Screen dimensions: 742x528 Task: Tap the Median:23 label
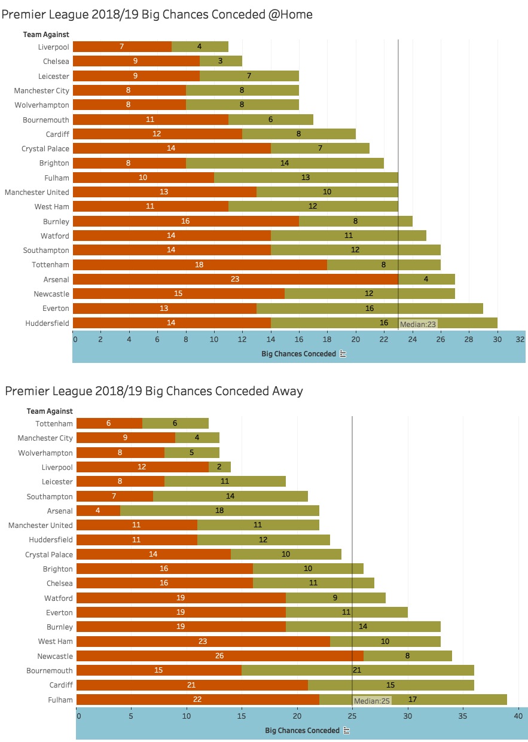point(418,324)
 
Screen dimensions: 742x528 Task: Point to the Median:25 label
point(372,701)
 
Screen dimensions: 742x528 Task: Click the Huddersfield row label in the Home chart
point(46,323)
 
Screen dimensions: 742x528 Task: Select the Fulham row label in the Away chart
point(60,700)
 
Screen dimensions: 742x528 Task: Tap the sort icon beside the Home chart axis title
point(343,354)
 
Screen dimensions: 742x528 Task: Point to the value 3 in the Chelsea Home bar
point(221,61)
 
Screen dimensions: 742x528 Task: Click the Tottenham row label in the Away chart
point(54,423)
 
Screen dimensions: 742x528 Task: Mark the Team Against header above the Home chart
point(46,34)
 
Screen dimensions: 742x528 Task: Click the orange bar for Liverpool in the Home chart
point(122,47)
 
